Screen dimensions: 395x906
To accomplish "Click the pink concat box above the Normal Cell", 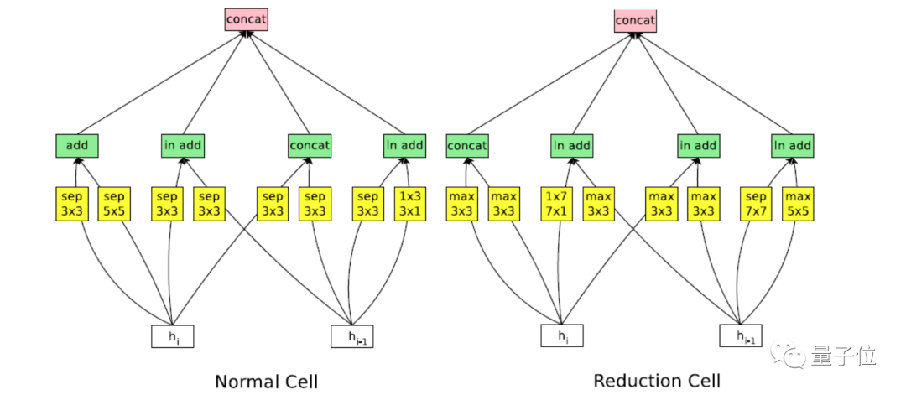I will coord(246,18).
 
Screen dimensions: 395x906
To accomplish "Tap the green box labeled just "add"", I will coord(77,146).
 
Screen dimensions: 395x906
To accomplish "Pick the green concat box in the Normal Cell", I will coord(310,146).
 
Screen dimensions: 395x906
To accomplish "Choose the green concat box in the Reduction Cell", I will coord(467,146).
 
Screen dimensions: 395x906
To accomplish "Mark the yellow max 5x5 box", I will coord(798,202).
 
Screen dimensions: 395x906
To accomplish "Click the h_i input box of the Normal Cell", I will coord(173,335).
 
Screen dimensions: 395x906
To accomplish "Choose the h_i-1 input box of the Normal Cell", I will coord(352,335).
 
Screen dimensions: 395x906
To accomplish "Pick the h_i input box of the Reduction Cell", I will coord(561,335).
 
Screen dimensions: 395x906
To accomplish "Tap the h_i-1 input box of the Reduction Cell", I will coord(741,335).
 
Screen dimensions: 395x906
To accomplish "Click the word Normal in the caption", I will coord(243,382).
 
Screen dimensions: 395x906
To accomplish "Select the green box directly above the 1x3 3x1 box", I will coord(404,146).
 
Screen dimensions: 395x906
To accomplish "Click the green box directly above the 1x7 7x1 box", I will coord(571,146).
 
